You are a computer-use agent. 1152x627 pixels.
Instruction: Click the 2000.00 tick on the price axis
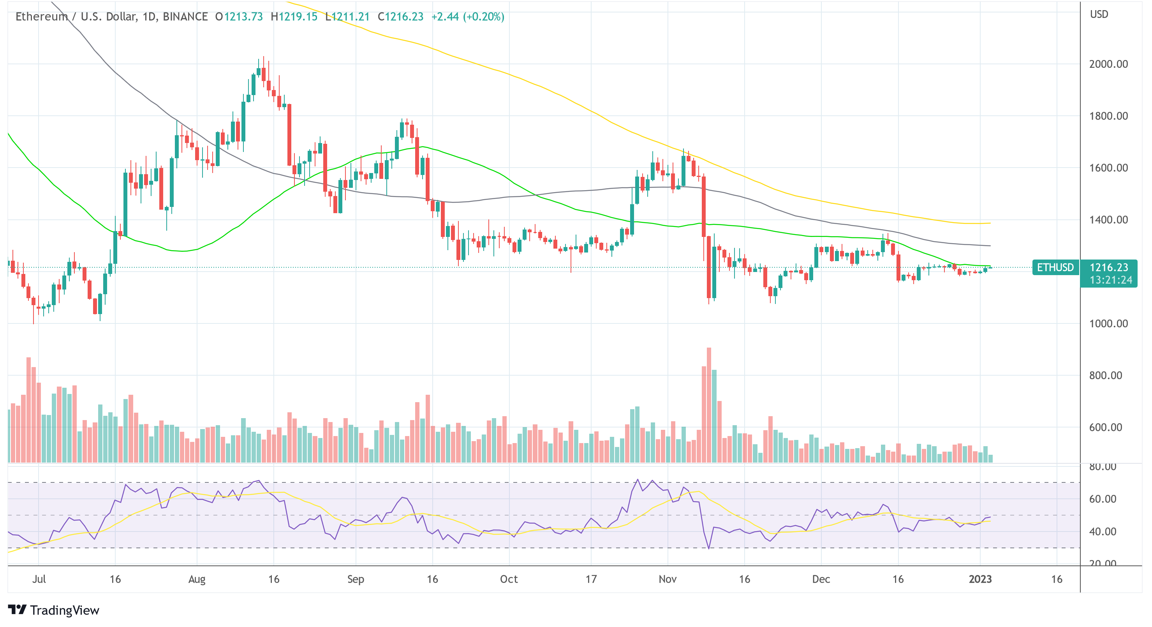pos(1108,64)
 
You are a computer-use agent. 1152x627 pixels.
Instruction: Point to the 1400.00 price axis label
pos(1108,220)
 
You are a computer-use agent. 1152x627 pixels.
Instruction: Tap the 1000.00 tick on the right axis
pos(1108,323)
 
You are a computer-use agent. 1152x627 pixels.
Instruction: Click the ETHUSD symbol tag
pos(1055,268)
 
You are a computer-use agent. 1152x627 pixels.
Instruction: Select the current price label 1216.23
pos(1109,268)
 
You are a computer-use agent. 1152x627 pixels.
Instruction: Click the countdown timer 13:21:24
pos(1110,280)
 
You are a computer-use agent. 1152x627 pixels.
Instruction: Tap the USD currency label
pos(1099,14)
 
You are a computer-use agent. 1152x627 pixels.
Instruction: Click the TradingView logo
pos(54,610)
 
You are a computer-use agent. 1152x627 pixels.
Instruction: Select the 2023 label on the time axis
pos(980,579)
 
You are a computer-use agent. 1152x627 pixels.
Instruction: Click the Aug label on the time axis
pos(197,579)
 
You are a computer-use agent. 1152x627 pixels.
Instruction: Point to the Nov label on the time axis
pos(667,579)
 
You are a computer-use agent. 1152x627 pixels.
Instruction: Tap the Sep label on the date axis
pos(356,579)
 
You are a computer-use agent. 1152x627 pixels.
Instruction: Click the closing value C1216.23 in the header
pos(400,16)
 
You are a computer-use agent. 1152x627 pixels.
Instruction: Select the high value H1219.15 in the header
pos(294,16)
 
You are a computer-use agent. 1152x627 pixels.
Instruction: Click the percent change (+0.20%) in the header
pos(483,16)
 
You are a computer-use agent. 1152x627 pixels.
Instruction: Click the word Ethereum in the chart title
pos(42,16)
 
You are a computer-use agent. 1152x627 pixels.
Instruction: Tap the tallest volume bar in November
pos(709,403)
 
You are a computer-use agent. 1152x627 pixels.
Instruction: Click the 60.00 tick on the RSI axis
pos(1103,499)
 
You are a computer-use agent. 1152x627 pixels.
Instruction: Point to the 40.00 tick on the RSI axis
pos(1103,532)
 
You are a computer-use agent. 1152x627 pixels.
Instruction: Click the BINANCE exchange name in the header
pos(185,16)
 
